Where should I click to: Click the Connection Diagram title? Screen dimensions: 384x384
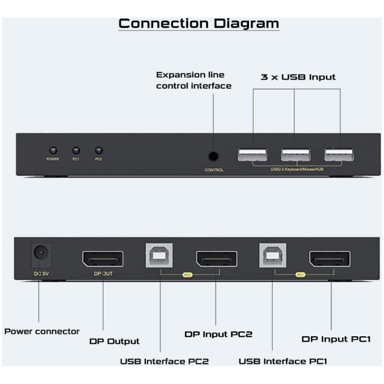click(x=199, y=24)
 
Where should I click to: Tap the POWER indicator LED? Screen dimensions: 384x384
click(x=53, y=150)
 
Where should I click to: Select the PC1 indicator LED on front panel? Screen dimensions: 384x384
click(x=76, y=150)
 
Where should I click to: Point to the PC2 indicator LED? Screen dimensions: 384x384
click(x=99, y=150)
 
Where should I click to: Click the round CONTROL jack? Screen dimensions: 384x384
click(x=214, y=156)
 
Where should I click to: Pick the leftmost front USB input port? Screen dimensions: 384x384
click(x=252, y=155)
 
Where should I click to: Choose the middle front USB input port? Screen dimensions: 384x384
click(x=296, y=155)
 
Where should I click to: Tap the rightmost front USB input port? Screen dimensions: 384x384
click(x=338, y=155)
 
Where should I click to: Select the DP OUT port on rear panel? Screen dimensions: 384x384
click(x=103, y=258)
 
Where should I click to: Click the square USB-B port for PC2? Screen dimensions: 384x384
click(x=159, y=256)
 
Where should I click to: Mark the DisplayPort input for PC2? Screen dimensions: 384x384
click(x=217, y=258)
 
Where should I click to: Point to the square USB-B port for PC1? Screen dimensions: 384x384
click(x=273, y=256)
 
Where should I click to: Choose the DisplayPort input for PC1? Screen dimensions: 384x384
click(x=330, y=258)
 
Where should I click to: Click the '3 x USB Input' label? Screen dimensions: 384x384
click(x=298, y=77)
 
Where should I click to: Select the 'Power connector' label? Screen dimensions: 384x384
click(x=42, y=331)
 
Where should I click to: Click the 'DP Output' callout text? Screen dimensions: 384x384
click(x=115, y=341)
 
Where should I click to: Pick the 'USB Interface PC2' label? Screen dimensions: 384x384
click(x=165, y=361)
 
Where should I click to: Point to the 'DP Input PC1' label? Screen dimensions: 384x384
click(x=336, y=339)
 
